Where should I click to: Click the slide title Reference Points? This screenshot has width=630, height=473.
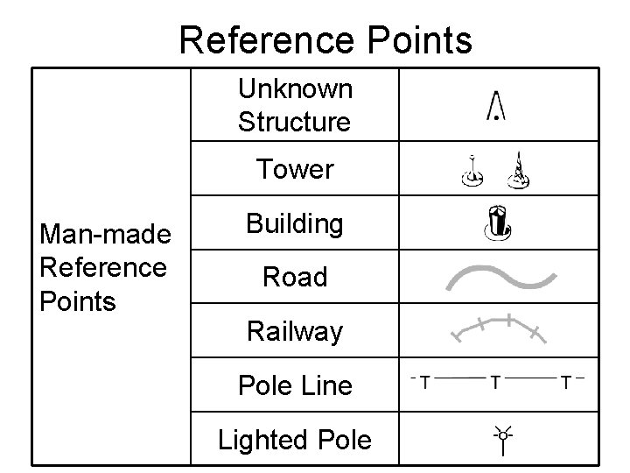(325, 40)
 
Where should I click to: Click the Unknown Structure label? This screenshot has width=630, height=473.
(295, 105)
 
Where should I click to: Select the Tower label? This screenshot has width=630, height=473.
(295, 169)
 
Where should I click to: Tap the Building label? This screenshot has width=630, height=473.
(295, 224)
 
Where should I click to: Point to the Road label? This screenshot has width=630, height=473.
(295, 278)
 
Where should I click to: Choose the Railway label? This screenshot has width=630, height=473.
(295, 331)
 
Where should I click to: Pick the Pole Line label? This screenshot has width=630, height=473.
(295, 385)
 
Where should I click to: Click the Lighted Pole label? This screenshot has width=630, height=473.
(295, 439)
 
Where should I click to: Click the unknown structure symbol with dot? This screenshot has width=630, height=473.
(497, 106)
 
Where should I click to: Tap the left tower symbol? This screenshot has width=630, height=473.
(472, 173)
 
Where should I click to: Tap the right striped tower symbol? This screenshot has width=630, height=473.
(521, 172)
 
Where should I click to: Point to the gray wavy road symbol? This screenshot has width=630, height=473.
(500, 278)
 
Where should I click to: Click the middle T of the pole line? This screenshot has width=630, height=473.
(496, 382)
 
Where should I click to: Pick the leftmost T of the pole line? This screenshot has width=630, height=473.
(425, 382)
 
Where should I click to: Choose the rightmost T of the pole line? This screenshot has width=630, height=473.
(566, 382)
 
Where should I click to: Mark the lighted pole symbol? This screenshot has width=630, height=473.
(502, 440)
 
